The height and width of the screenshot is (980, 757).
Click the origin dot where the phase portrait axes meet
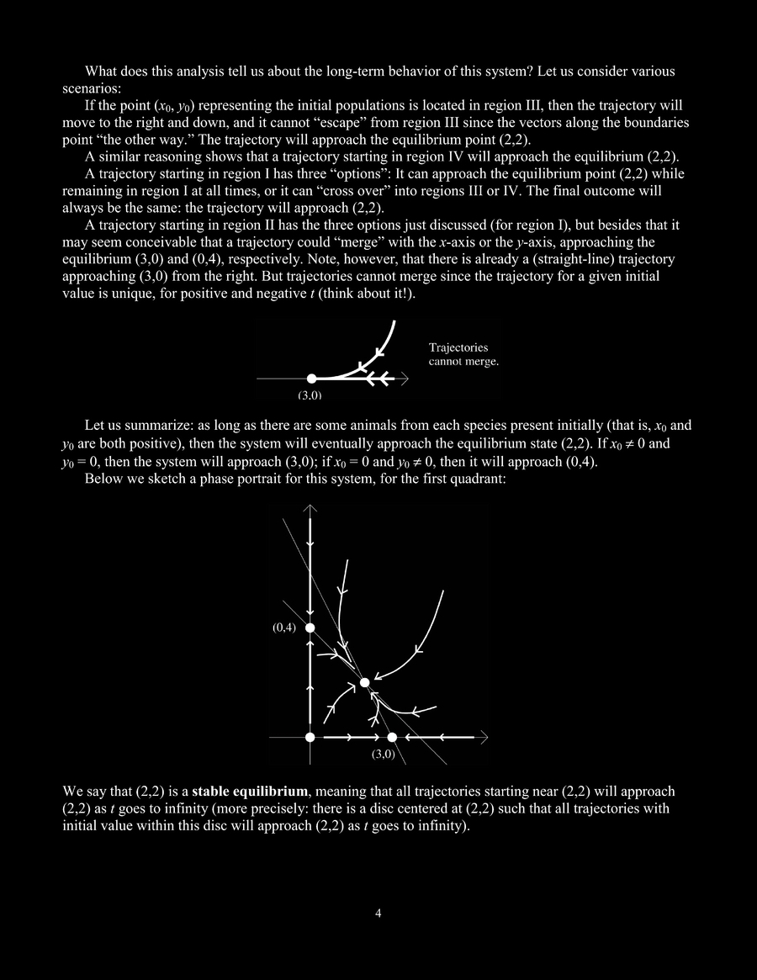[310, 737]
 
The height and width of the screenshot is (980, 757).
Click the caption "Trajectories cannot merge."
[463, 354]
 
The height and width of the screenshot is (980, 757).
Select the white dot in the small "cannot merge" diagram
[310, 379]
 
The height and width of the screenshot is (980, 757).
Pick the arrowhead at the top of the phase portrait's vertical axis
[310, 509]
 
